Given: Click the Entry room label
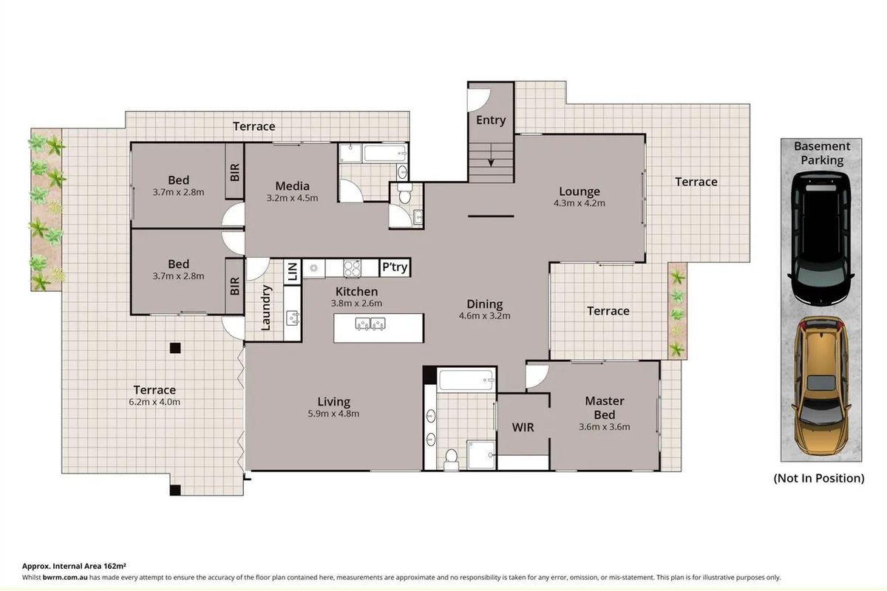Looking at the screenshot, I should tap(491, 120).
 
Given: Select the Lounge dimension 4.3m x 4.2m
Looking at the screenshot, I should tap(580, 204).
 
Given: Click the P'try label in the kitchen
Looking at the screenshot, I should tap(394, 267).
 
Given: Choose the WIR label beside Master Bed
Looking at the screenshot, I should tap(523, 428).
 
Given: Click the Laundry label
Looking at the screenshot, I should tap(266, 308).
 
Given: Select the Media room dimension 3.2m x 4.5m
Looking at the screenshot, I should tap(292, 198).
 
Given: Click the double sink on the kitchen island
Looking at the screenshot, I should tap(370, 323).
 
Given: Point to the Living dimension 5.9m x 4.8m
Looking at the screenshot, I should tap(333, 414).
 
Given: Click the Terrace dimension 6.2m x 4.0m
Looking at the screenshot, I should tap(154, 402).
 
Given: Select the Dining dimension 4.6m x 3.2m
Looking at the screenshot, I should tap(485, 315).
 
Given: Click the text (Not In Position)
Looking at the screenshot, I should tap(819, 478).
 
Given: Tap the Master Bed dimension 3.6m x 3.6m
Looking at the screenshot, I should tap(605, 426).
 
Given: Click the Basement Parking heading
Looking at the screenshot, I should tap(822, 153).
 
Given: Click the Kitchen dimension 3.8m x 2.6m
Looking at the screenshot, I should tap(357, 303).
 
